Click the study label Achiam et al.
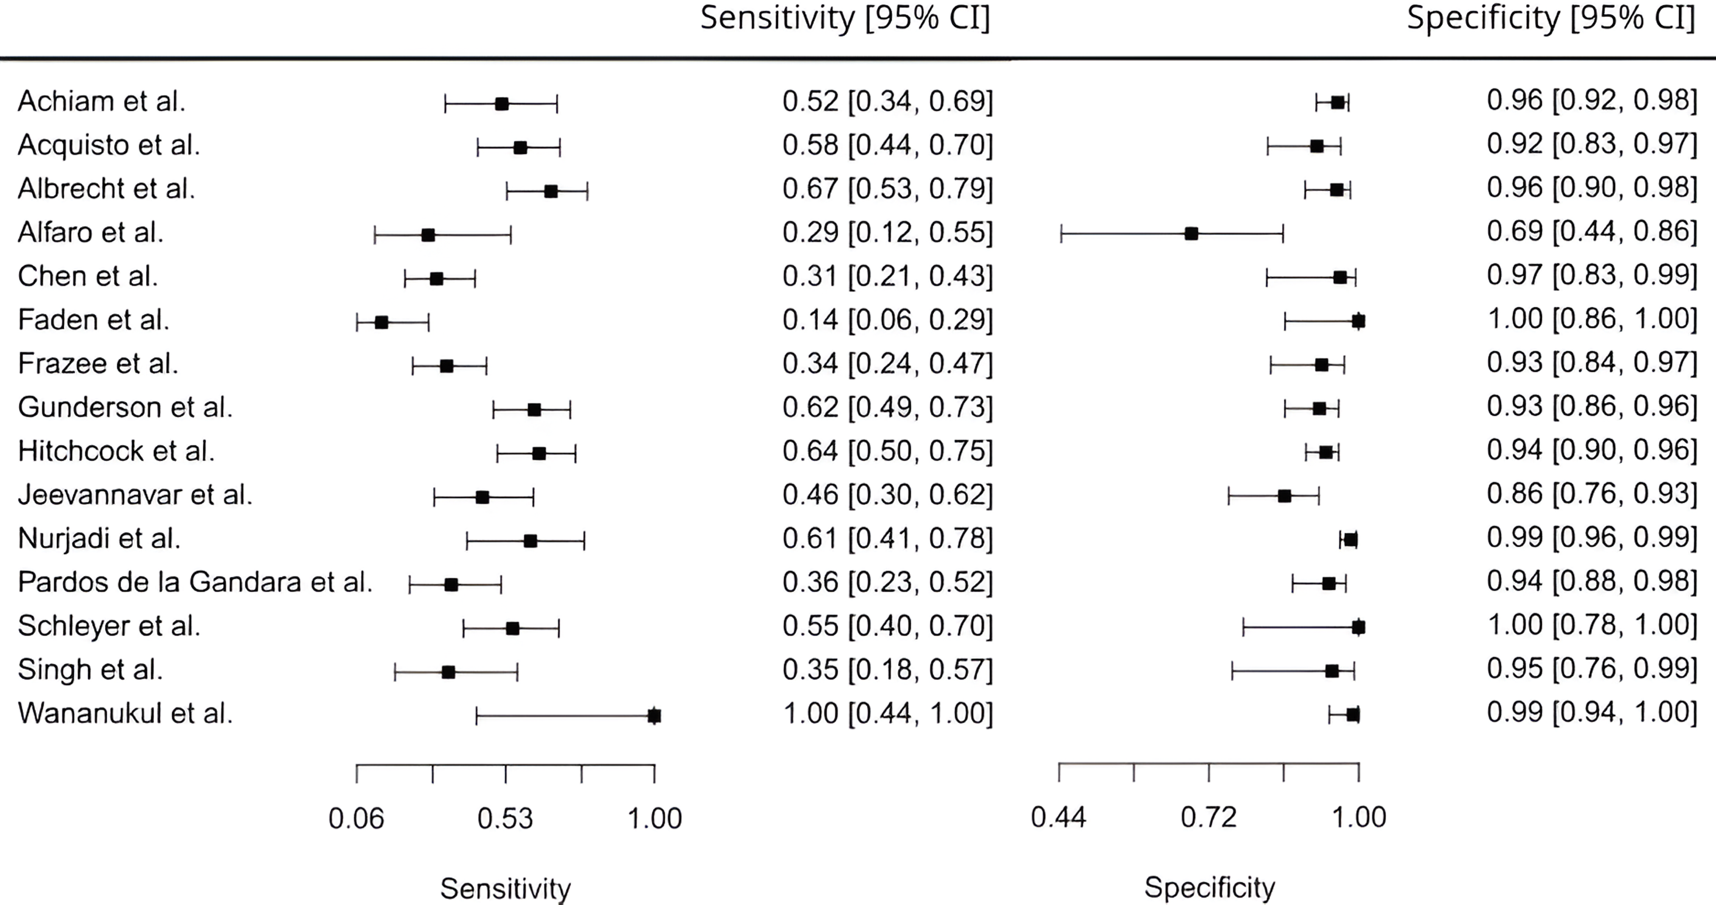tap(101, 101)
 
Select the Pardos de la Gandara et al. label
tap(194, 582)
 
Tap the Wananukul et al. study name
tap(125, 714)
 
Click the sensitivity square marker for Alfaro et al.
tap(428, 235)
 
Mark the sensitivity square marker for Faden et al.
tap(382, 323)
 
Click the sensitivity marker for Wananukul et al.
tap(654, 715)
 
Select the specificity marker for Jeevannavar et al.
tap(1284, 496)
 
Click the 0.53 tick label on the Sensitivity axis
tap(505, 818)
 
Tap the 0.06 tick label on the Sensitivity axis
tap(357, 818)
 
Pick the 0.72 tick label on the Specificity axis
tap(1209, 817)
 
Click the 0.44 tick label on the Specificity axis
tap(1058, 817)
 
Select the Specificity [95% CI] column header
tap(1551, 18)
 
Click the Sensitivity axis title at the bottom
tap(505, 888)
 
